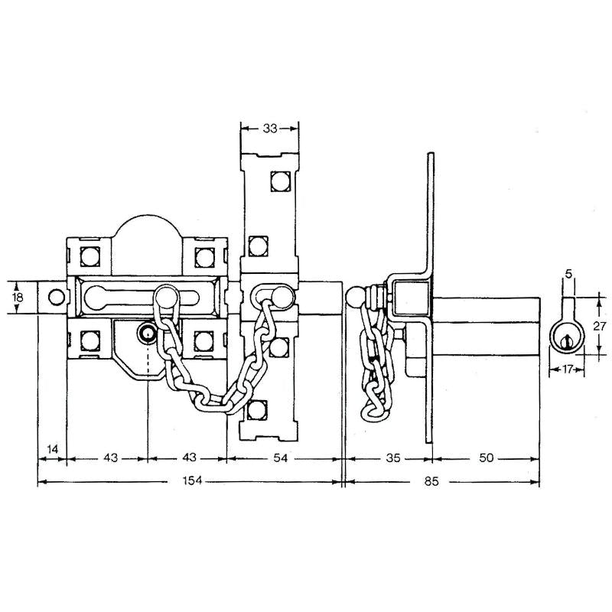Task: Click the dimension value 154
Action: pos(190,482)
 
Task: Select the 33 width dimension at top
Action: pos(269,129)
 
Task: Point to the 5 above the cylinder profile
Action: pos(567,272)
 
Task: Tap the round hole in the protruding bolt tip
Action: pos(54,297)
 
